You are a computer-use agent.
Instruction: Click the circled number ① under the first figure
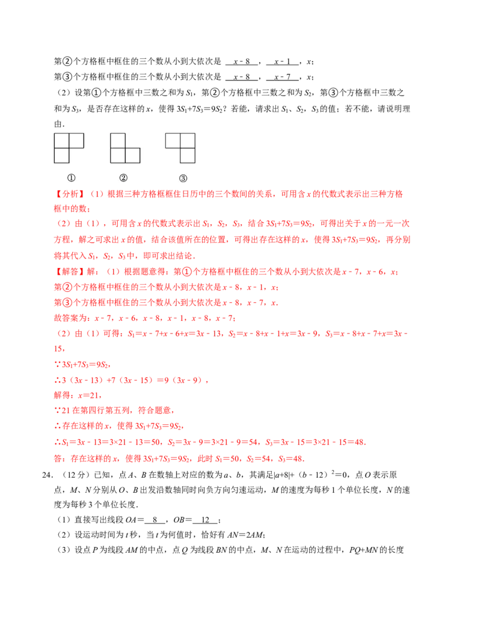click(x=71, y=178)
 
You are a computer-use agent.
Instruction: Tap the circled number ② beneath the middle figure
click(x=123, y=178)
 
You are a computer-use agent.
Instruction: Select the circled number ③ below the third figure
click(x=183, y=178)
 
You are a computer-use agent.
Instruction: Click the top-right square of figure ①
click(x=76, y=141)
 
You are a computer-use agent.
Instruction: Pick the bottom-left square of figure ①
click(x=61, y=155)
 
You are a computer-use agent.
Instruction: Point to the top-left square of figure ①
click(x=61, y=141)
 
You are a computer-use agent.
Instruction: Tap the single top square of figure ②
click(x=118, y=141)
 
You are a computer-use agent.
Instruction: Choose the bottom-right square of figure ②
click(x=132, y=155)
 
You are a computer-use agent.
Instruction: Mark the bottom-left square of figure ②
click(x=118, y=155)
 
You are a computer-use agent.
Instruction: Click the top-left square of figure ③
click(x=173, y=141)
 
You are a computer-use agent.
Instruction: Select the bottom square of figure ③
click(x=188, y=155)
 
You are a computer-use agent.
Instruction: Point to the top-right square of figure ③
click(x=188, y=141)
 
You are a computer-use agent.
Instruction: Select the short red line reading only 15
click(x=59, y=349)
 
